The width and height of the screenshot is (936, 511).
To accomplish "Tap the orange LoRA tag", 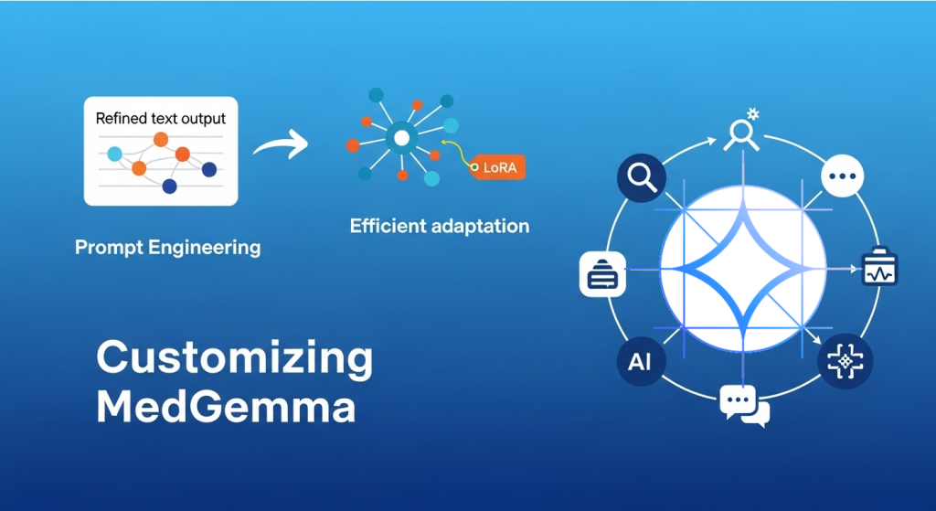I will tap(499, 167).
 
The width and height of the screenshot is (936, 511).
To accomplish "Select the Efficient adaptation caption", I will tap(440, 226).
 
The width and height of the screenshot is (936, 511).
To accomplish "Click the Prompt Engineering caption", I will tap(167, 247).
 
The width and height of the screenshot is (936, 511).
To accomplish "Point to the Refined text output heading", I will tap(161, 118).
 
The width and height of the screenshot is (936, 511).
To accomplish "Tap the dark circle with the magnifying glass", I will tap(641, 177).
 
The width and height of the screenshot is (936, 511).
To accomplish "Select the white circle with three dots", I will tap(842, 175).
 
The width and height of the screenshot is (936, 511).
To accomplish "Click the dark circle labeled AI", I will tap(641, 361).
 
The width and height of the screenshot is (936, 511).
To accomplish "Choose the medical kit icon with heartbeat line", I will tap(879, 269).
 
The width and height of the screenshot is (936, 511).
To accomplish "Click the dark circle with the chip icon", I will tap(845, 362).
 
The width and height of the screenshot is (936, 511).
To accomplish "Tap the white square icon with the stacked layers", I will tap(602, 273).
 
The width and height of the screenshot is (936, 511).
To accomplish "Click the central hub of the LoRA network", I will tap(399, 138).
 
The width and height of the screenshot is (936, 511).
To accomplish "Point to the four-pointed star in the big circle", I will tap(741, 270).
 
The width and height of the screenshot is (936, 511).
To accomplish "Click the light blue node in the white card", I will tap(114, 154).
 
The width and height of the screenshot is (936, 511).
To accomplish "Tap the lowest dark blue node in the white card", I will tap(169, 186).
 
